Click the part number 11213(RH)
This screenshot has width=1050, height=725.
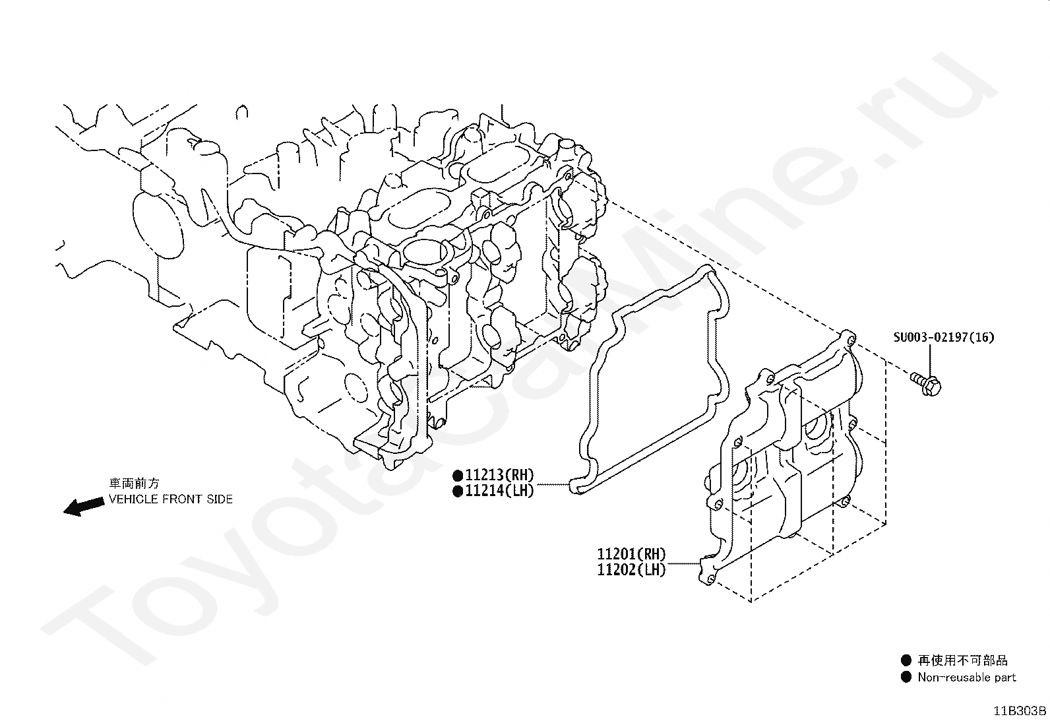coord(499,475)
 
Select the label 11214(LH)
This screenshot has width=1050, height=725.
coord(499,491)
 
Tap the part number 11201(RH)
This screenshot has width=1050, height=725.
coord(631,555)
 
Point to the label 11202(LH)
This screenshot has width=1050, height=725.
coord(631,570)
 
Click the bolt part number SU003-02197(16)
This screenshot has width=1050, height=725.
coord(943,337)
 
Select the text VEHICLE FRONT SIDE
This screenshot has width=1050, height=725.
coord(171,499)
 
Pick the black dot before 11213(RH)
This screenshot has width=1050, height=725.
coord(457,475)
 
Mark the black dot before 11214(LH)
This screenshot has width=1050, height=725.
coord(457,491)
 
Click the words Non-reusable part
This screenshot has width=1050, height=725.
coord(966,678)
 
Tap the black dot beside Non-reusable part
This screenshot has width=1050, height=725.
coord(906,677)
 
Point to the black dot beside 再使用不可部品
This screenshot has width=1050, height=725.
coord(906,660)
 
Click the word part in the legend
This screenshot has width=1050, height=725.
coord(1004,678)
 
